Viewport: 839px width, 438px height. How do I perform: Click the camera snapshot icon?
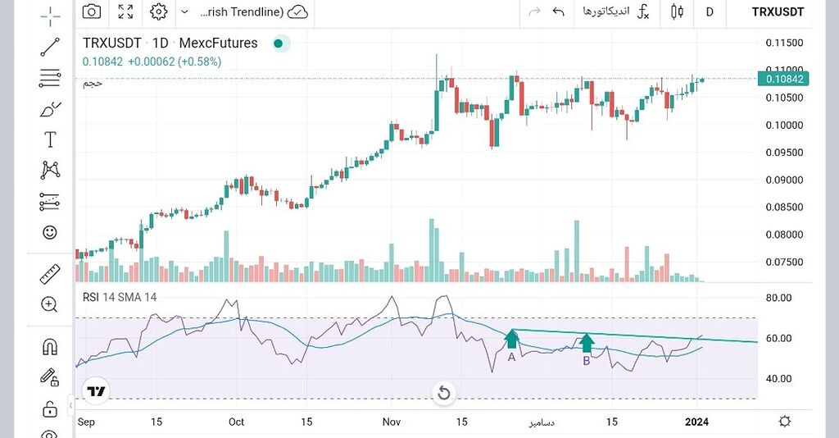point(92,11)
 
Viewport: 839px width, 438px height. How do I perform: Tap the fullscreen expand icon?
point(125,11)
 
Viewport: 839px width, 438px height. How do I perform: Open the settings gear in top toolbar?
point(159,11)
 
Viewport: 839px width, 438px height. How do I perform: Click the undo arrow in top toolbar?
point(559,11)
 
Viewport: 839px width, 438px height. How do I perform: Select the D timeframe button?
point(710,11)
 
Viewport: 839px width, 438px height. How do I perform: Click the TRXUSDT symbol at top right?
point(778,11)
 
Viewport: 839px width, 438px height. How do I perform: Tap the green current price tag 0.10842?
point(784,79)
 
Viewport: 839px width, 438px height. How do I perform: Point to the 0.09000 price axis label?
point(783,180)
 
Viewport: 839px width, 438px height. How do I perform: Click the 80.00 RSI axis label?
point(783,298)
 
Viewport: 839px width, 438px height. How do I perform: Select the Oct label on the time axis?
point(236,422)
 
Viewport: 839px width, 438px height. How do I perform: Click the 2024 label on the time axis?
point(697,422)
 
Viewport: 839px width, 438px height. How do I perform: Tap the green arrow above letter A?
point(512,338)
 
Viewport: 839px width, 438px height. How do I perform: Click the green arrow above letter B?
point(587,342)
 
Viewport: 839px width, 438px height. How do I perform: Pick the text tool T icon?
point(50,139)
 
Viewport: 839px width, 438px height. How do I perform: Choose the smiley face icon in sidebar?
point(50,232)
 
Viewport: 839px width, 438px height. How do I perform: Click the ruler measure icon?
point(50,274)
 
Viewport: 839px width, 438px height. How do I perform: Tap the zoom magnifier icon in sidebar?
point(50,304)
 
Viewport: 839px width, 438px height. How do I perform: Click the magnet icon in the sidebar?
point(50,347)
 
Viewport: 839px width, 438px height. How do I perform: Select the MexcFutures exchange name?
point(218,43)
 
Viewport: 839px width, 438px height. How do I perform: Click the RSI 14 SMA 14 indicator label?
point(120,296)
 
